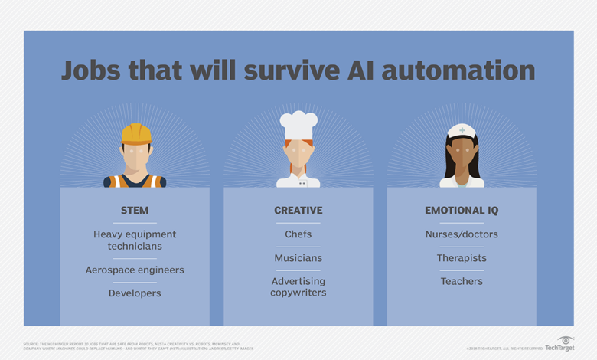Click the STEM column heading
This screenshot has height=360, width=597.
(135, 210)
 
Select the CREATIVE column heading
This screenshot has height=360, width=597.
(298, 210)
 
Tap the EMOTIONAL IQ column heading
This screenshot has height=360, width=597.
(462, 210)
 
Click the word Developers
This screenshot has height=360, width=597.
(135, 293)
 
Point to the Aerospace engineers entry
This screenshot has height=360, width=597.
(135, 270)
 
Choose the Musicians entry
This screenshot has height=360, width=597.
(298, 258)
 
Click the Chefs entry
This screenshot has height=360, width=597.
(298, 234)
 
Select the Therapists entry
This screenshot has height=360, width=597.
(462, 258)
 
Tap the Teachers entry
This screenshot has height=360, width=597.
(462, 281)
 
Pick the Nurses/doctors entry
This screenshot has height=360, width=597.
(462, 234)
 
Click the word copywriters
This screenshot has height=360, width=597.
(298, 293)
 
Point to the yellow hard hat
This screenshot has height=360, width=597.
(135, 133)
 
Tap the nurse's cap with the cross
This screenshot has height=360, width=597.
(462, 131)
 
